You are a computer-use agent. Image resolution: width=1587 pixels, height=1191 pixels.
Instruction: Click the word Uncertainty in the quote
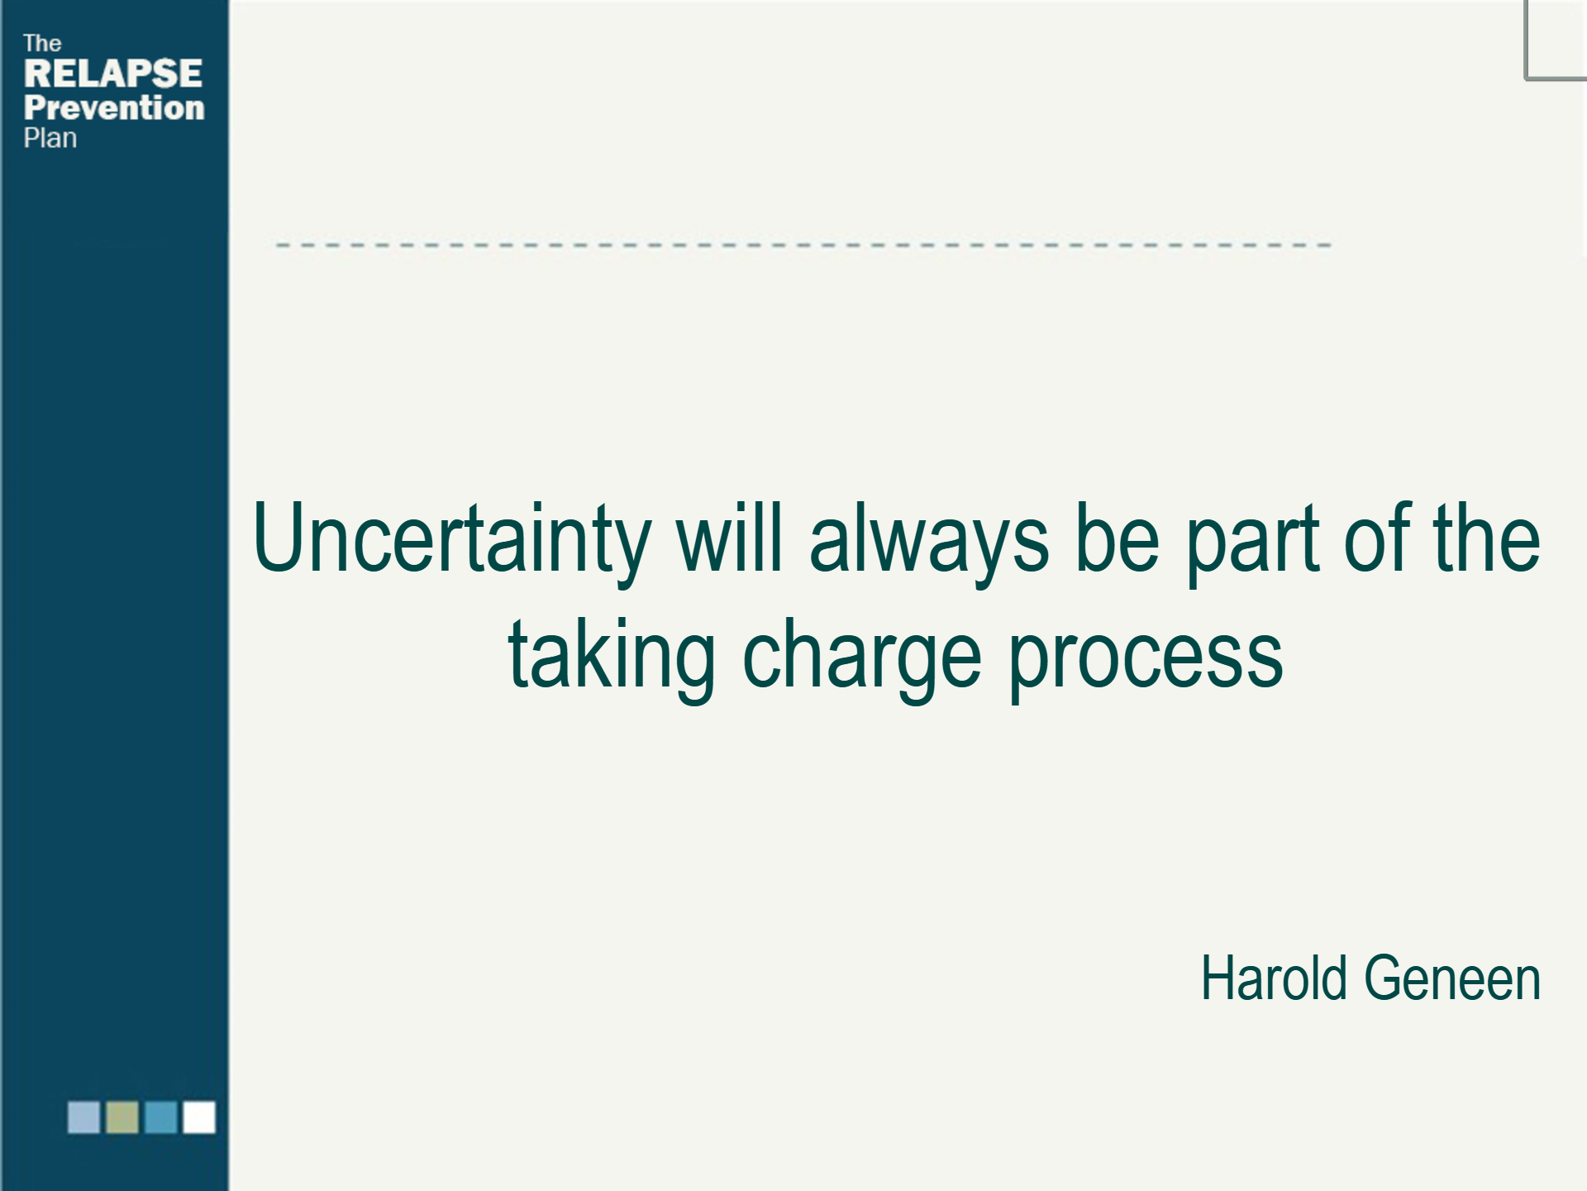tap(451, 539)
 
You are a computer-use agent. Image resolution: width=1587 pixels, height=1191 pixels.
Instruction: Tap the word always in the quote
tap(929, 539)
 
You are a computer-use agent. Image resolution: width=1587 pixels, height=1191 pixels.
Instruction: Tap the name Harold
tap(1274, 978)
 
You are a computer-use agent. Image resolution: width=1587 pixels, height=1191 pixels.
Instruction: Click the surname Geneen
tap(1452, 978)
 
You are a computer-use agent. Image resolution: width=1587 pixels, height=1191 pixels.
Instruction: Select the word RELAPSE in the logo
tap(113, 74)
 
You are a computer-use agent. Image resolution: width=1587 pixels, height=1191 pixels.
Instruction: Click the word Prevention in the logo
tap(114, 108)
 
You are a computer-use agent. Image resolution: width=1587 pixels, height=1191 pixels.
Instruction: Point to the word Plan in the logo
tap(50, 138)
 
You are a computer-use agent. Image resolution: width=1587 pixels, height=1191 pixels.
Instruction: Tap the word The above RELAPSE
tap(42, 43)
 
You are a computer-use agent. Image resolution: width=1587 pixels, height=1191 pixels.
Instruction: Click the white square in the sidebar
tap(199, 1117)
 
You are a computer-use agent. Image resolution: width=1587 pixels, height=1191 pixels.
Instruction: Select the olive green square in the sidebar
tap(122, 1117)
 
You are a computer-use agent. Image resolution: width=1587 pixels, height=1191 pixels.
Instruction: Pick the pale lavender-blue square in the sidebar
tap(83, 1117)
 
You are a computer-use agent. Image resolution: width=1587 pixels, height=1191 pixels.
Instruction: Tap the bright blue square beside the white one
tap(160, 1117)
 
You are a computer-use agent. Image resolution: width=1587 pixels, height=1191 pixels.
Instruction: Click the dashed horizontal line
tap(803, 245)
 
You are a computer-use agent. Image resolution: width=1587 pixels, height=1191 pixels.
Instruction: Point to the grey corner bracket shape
tap(1526, 50)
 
